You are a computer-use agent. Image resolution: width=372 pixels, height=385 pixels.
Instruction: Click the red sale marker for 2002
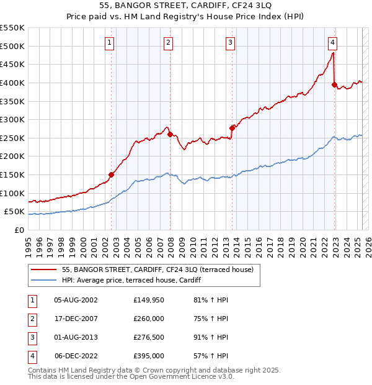pos(112,175)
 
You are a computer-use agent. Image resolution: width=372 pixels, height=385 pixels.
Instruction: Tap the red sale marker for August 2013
pos(232,128)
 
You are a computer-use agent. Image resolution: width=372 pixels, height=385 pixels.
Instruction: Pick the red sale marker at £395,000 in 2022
pos(334,84)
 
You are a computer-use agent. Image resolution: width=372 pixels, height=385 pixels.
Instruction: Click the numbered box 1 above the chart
pos(109,42)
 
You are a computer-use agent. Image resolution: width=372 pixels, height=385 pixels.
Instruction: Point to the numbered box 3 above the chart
pos(230,42)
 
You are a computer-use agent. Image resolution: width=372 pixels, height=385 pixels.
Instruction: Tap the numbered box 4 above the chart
pos(332,42)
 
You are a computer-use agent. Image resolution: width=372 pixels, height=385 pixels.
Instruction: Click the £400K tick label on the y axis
pos(12,83)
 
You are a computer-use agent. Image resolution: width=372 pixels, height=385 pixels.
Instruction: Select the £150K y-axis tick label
pos(12,174)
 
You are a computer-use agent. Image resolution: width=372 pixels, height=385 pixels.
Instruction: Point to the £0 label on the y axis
pos(18,230)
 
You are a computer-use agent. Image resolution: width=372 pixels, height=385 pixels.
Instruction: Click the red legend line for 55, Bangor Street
pos(43,269)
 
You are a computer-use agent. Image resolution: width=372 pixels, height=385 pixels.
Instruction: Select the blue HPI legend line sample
pos(43,280)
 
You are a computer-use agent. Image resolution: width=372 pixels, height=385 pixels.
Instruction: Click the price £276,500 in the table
pos(149,338)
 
